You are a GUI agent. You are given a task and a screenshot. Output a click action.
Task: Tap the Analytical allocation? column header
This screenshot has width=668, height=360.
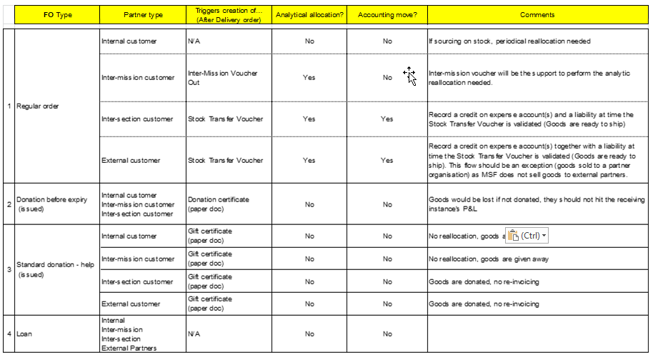[x=309, y=15]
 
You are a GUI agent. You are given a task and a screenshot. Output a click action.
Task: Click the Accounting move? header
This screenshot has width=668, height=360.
[x=387, y=15]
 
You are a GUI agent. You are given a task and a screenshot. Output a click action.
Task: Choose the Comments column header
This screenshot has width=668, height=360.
[x=537, y=15]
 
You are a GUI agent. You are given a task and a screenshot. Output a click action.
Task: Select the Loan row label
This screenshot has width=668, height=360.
[x=24, y=334]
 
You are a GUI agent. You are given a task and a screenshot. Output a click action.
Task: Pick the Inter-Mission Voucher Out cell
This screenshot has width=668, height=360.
[x=222, y=77]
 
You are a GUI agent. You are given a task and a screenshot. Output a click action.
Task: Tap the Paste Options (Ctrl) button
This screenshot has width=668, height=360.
[x=527, y=236]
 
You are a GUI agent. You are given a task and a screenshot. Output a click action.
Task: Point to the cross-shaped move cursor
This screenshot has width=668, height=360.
[x=409, y=74]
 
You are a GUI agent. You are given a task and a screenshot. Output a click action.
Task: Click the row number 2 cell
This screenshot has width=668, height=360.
[x=9, y=204]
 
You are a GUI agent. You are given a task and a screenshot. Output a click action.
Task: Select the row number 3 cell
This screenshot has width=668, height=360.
[x=9, y=269]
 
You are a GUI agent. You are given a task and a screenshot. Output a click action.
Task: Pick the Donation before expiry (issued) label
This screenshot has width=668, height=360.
[x=51, y=204]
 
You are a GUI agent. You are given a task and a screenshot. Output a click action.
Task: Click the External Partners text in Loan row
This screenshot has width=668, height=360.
[x=129, y=348]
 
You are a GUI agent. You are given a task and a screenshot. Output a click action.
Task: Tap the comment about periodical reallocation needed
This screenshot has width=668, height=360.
[x=509, y=41]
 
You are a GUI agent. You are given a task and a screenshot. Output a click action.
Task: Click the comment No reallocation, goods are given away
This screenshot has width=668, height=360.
[x=489, y=259]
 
